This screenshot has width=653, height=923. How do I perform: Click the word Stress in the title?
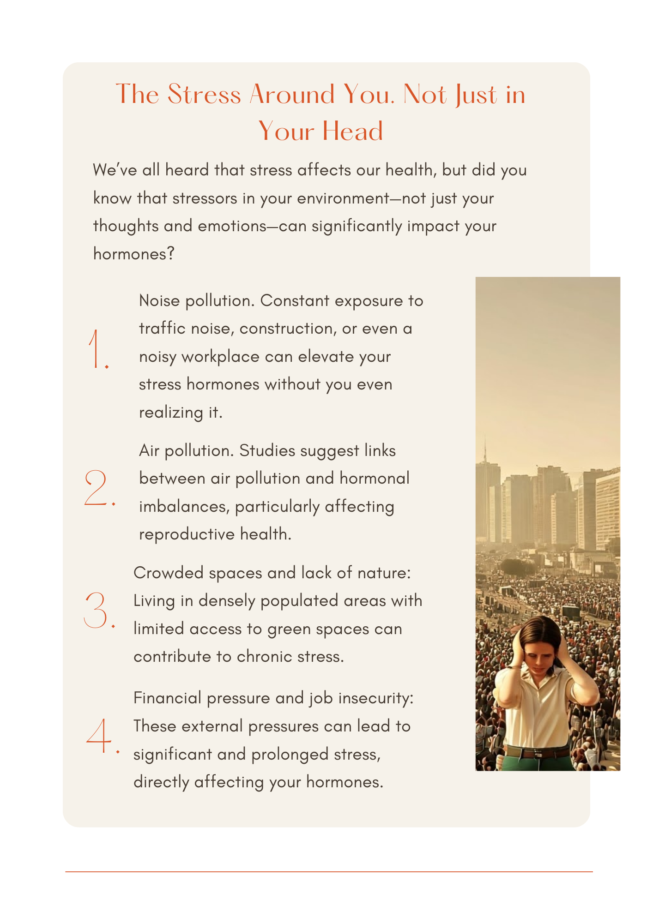click(204, 95)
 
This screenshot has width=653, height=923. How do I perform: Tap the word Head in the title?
click(352, 131)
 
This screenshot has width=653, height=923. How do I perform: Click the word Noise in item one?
click(159, 301)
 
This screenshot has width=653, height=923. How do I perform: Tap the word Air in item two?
click(149, 451)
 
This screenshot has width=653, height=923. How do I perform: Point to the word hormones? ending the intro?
click(134, 254)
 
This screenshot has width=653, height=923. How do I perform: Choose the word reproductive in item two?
click(187, 534)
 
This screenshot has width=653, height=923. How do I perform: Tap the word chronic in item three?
click(265, 657)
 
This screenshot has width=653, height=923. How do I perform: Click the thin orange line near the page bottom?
click(329, 872)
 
